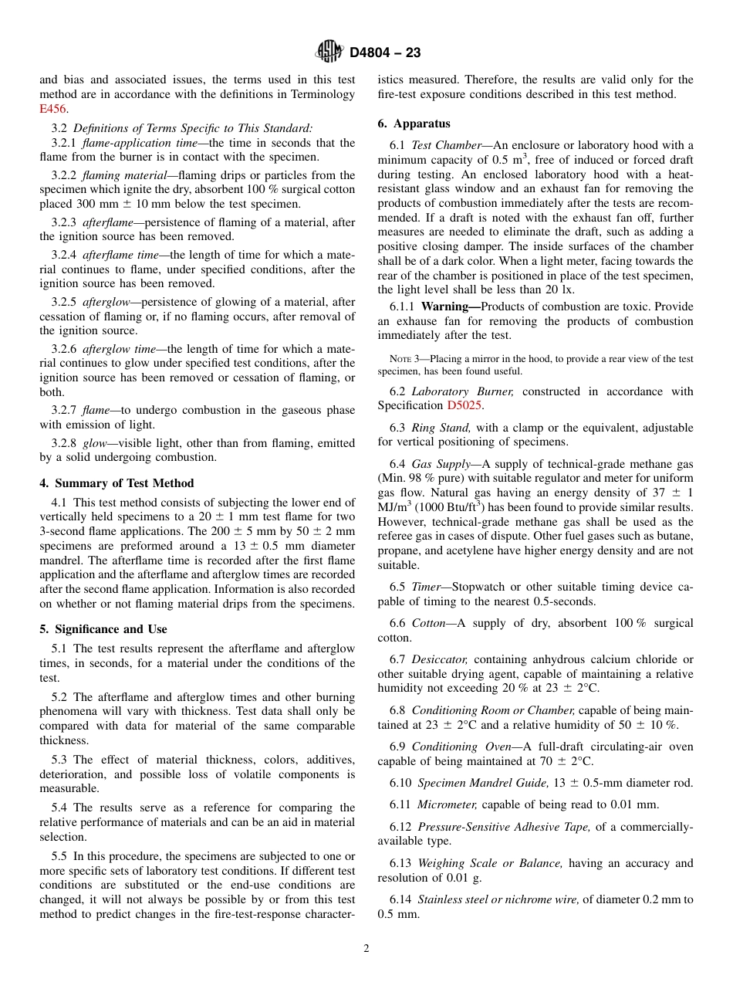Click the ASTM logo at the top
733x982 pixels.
coord(329,52)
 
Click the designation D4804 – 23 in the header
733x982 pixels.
coord(385,52)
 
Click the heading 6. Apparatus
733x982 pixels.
coord(414,124)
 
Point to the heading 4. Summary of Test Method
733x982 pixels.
coord(117,483)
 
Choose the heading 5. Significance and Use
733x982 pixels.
coord(103,628)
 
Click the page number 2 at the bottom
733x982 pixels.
coord(366,949)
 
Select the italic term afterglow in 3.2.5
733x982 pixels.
coord(107,302)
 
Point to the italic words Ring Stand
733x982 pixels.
coord(440,427)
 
